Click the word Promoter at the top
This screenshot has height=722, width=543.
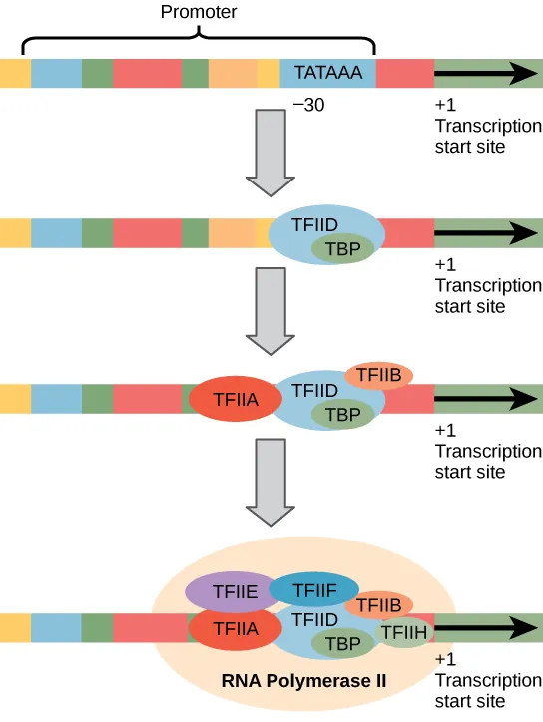pyautogui.click(x=201, y=12)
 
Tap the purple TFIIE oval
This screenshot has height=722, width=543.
pyautogui.click(x=219, y=592)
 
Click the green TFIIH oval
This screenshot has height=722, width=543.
pyautogui.click(x=405, y=631)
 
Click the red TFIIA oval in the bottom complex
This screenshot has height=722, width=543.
pyautogui.click(x=233, y=629)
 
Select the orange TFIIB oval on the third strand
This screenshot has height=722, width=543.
pyautogui.click(x=379, y=375)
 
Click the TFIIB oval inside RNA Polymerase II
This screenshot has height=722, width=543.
pyautogui.click(x=379, y=604)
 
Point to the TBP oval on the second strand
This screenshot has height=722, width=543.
pyautogui.click(x=342, y=250)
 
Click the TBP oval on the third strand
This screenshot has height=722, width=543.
pyautogui.click(x=342, y=412)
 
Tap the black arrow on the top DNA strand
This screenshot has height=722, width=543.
pyautogui.click(x=485, y=73)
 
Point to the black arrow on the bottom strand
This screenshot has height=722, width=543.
pyautogui.click(x=485, y=628)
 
